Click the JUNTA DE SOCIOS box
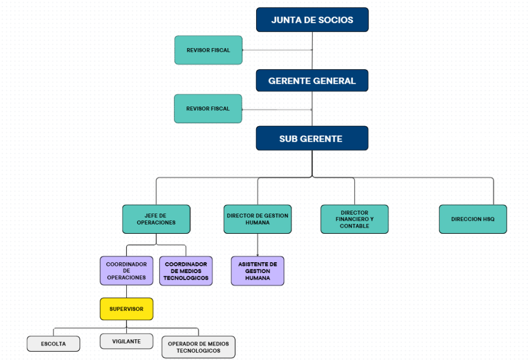coord(312,20)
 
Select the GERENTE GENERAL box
coord(312,81)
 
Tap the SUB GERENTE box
coord(312,138)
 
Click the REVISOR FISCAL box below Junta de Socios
coord(208,50)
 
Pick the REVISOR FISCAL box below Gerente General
coord(208,109)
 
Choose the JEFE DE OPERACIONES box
coord(156,219)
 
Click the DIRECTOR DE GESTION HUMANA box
coord(258,219)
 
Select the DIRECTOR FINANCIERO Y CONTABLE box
coord(355,219)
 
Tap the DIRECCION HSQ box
coord(473,219)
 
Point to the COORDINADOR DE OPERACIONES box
coord(126,271)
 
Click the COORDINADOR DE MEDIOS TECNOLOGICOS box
coord(186,271)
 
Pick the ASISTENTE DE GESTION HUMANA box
coord(258,271)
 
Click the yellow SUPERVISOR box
coord(126,309)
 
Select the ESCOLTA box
coord(53,343)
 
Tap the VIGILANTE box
coord(126,341)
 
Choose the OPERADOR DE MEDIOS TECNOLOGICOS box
coord(198,347)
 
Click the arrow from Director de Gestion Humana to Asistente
coord(258,245)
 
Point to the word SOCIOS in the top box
coord(335,20)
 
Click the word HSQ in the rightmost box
coord(488,219)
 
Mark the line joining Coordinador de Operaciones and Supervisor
coord(126,291)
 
